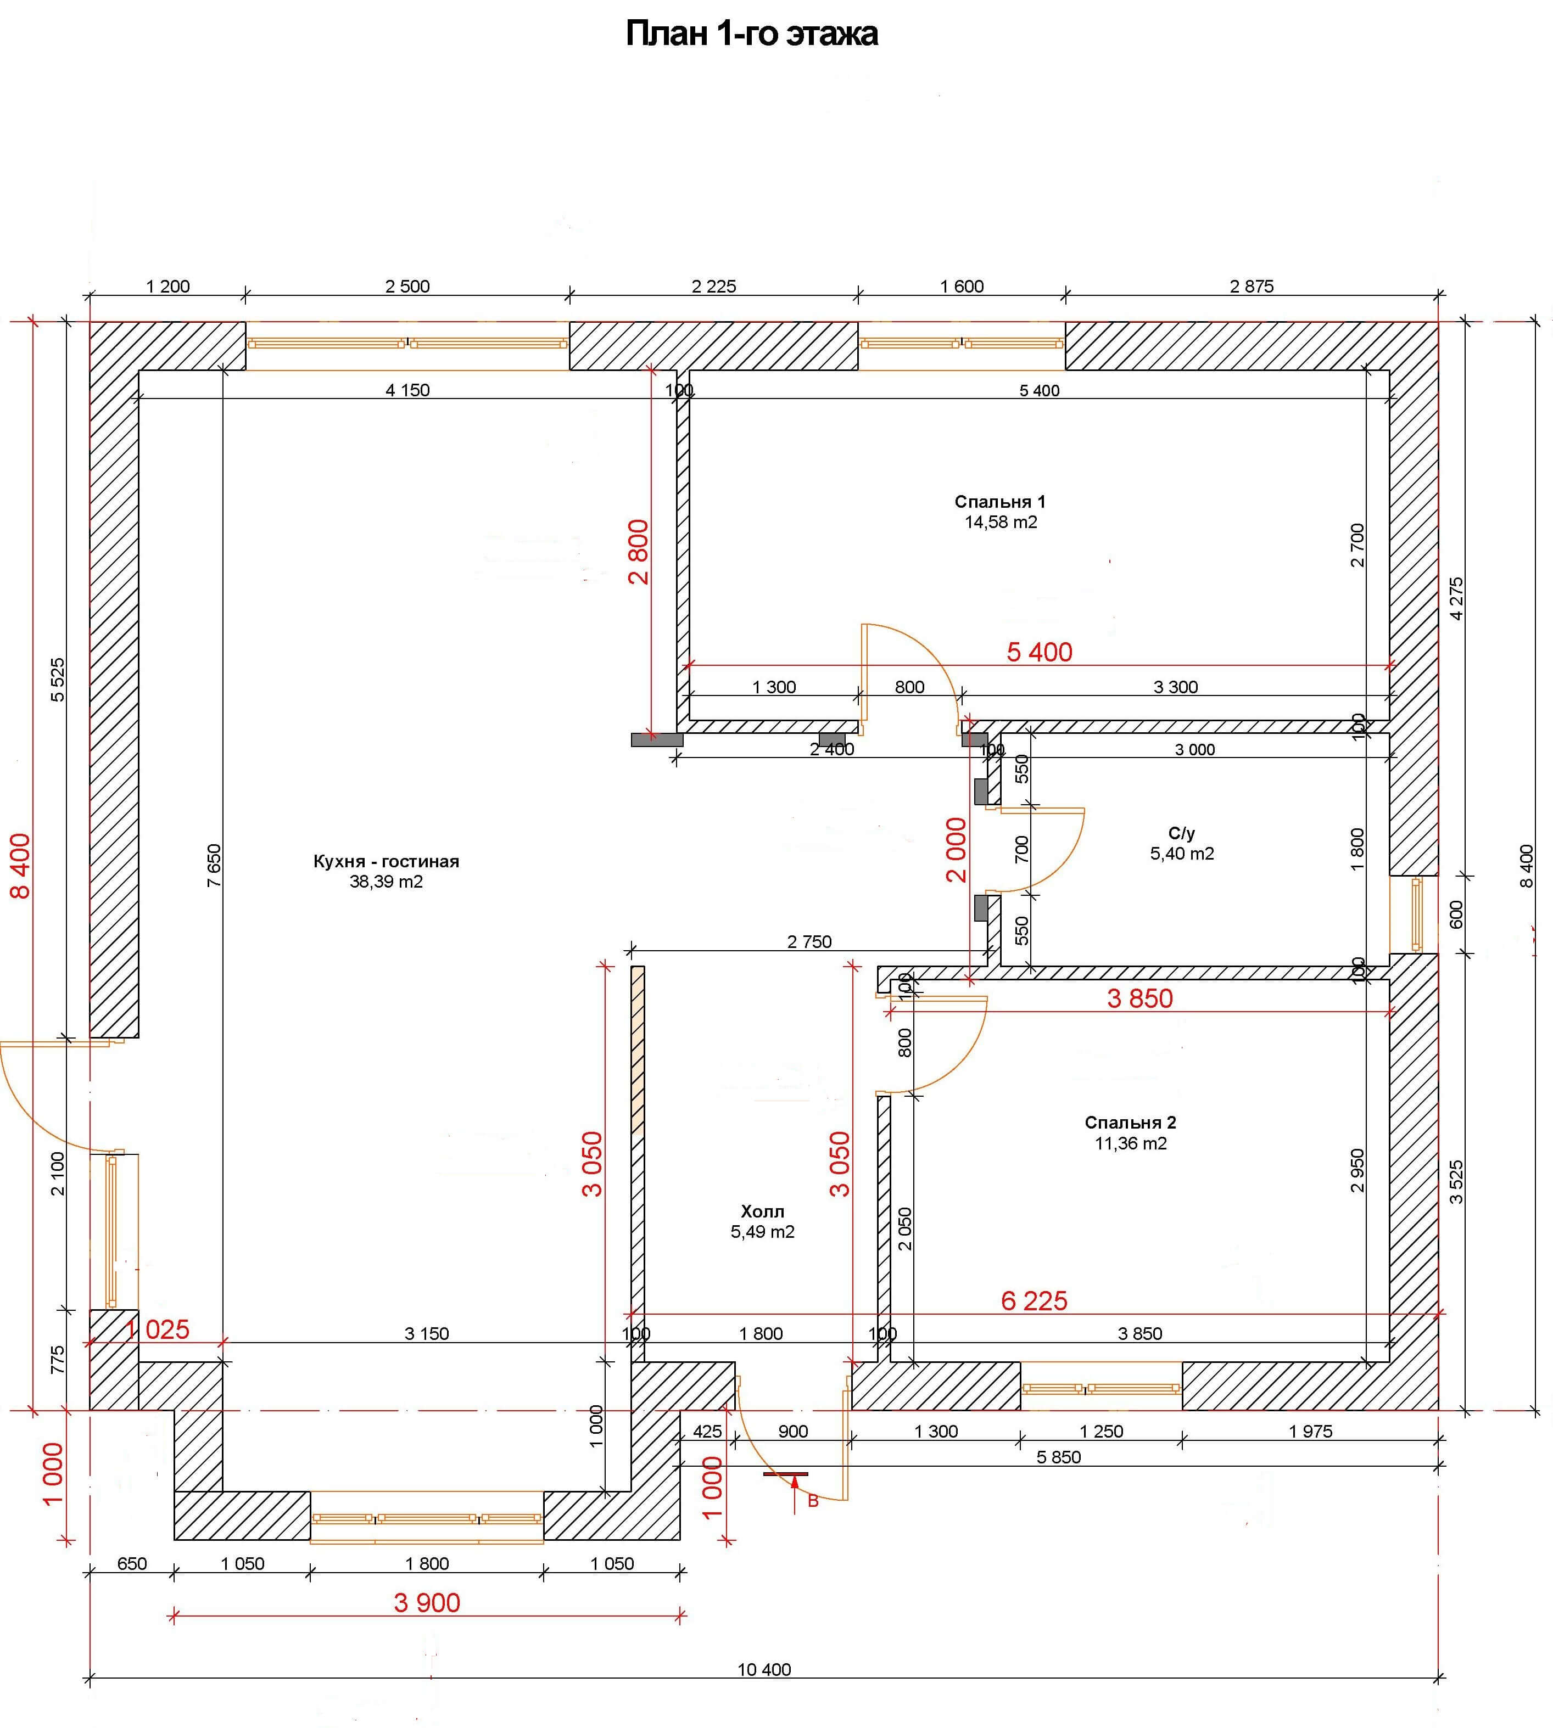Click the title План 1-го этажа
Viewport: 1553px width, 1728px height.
(x=752, y=34)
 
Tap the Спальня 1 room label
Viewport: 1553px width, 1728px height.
(x=1000, y=502)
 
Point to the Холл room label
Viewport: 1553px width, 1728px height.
(x=762, y=1211)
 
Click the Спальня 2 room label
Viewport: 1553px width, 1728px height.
(x=1131, y=1123)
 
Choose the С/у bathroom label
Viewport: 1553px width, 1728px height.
(x=1181, y=833)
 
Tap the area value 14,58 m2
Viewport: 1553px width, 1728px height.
(x=1001, y=522)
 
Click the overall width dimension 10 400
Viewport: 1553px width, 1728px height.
(x=764, y=1669)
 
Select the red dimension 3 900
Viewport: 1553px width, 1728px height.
(x=427, y=1603)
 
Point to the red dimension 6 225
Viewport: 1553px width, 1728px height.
(x=1034, y=1301)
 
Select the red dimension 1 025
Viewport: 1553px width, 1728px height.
(x=157, y=1329)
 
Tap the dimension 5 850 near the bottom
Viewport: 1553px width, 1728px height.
(x=1058, y=1457)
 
